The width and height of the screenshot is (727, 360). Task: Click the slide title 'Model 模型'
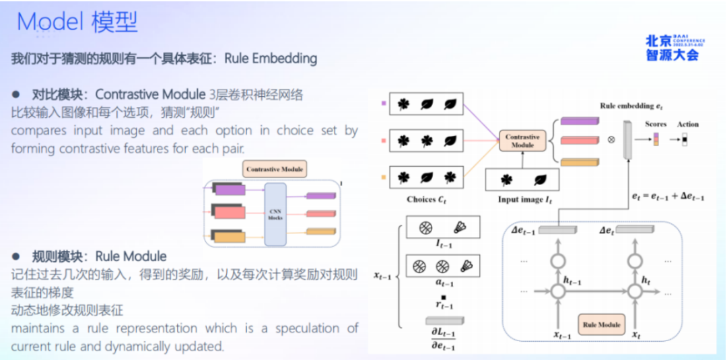click(77, 22)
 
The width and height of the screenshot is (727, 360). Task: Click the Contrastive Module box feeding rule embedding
click(522, 141)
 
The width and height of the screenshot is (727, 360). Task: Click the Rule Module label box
click(601, 324)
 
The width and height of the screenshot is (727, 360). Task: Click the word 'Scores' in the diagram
click(655, 124)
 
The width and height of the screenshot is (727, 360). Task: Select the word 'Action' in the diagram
click(688, 124)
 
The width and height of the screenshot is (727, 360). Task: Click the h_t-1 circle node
click(557, 291)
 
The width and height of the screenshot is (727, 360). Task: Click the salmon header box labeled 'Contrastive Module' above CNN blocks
click(275, 169)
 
